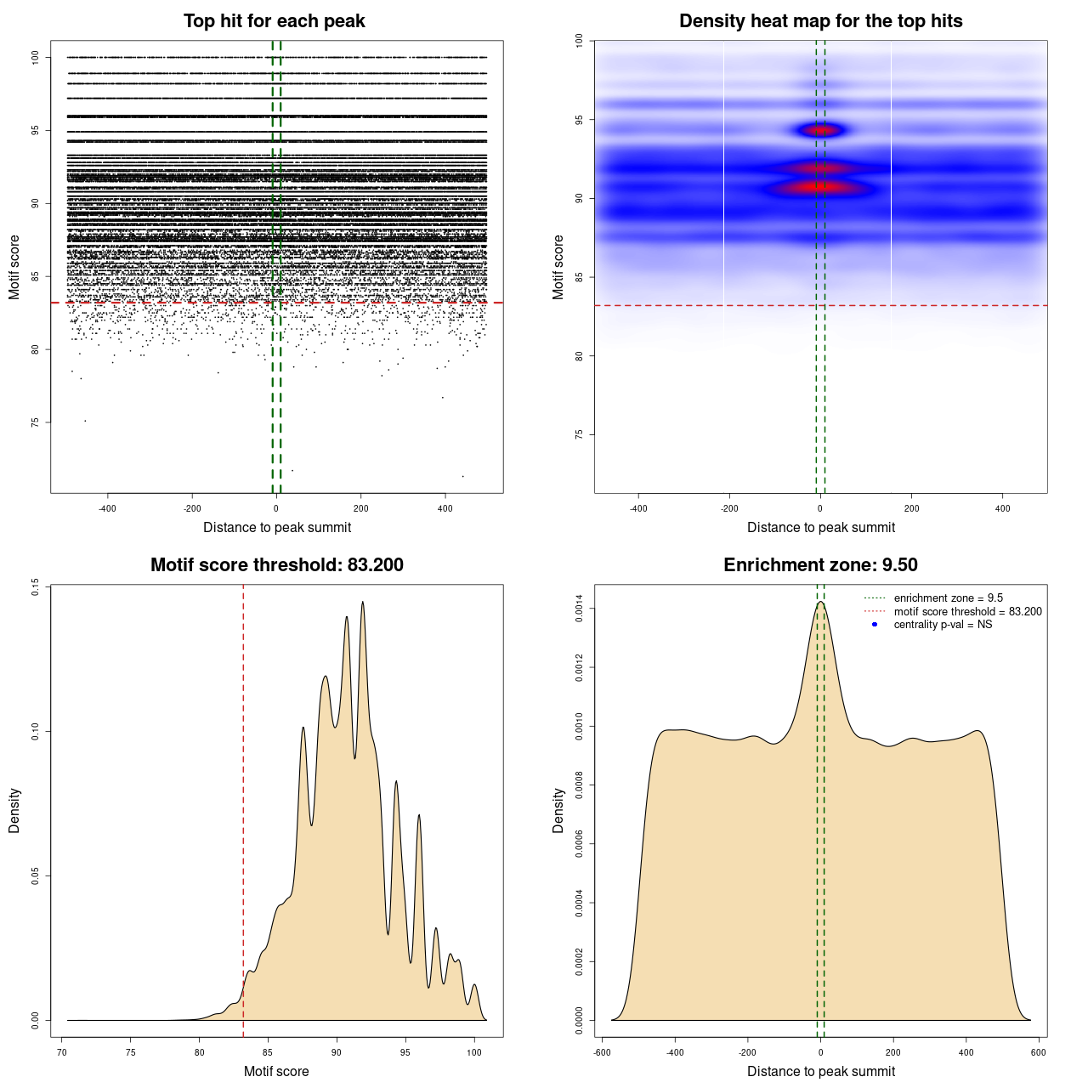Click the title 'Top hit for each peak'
coord(275,21)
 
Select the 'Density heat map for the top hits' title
coord(820,21)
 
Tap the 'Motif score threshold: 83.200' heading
coord(276,565)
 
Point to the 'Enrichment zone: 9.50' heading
coord(820,565)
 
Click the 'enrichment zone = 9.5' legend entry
coord(948,598)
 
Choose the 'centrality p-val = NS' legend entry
coord(943,625)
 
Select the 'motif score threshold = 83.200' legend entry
coord(967,612)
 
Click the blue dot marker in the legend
coord(875,625)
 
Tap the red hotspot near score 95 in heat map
coord(821,130)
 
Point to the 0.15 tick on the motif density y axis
coord(35,586)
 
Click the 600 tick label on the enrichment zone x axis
coord(1039,1052)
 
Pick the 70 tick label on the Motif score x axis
coord(62,1052)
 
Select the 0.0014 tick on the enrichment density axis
coord(579,609)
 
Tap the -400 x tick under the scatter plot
coord(107,508)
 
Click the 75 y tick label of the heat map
coord(579,434)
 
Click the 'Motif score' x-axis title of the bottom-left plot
coord(276,1071)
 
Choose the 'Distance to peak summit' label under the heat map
coord(820,527)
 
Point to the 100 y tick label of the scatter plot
coord(35,57)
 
